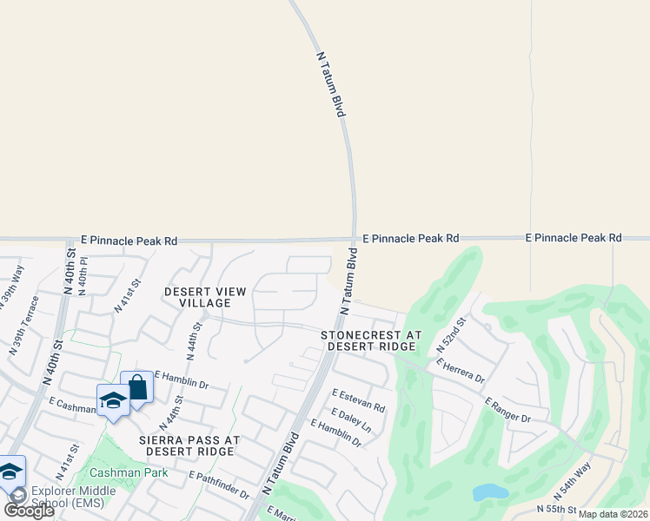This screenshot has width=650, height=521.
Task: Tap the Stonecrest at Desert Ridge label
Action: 370,340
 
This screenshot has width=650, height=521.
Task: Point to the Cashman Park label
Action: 128,473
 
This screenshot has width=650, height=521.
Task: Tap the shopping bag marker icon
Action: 137,386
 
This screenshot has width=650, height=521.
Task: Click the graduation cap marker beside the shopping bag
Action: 113,400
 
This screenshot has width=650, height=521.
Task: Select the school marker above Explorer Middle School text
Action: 10,472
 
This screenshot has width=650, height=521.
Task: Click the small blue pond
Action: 490,492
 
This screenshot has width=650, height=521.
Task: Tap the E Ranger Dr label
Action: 507,411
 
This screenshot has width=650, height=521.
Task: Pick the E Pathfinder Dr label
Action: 219,485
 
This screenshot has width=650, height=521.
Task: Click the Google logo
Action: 29,511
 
